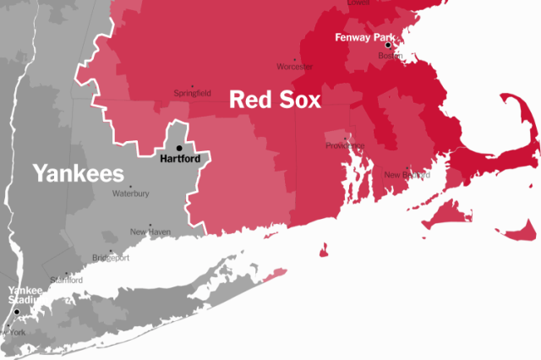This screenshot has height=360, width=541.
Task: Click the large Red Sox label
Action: [x=276, y=101]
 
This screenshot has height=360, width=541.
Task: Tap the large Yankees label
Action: [x=79, y=174]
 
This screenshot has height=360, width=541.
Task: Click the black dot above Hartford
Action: [x=179, y=147]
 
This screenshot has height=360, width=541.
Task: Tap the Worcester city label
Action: [x=296, y=67]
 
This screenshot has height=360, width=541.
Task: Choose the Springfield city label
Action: [x=192, y=93]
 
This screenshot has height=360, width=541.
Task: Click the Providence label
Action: [x=345, y=145]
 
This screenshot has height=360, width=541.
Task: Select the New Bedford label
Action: [x=407, y=175]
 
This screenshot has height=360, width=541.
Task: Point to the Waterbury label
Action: [x=131, y=194]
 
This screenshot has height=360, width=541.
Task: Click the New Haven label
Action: [x=150, y=232]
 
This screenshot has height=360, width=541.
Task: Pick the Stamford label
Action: [x=67, y=280]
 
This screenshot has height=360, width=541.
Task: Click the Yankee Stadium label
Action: [x=25, y=295]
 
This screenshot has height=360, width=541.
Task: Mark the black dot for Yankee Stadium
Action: [x=15, y=311]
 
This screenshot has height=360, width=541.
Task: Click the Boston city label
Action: [x=390, y=56]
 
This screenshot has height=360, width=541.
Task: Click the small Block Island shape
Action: [x=323, y=250]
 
